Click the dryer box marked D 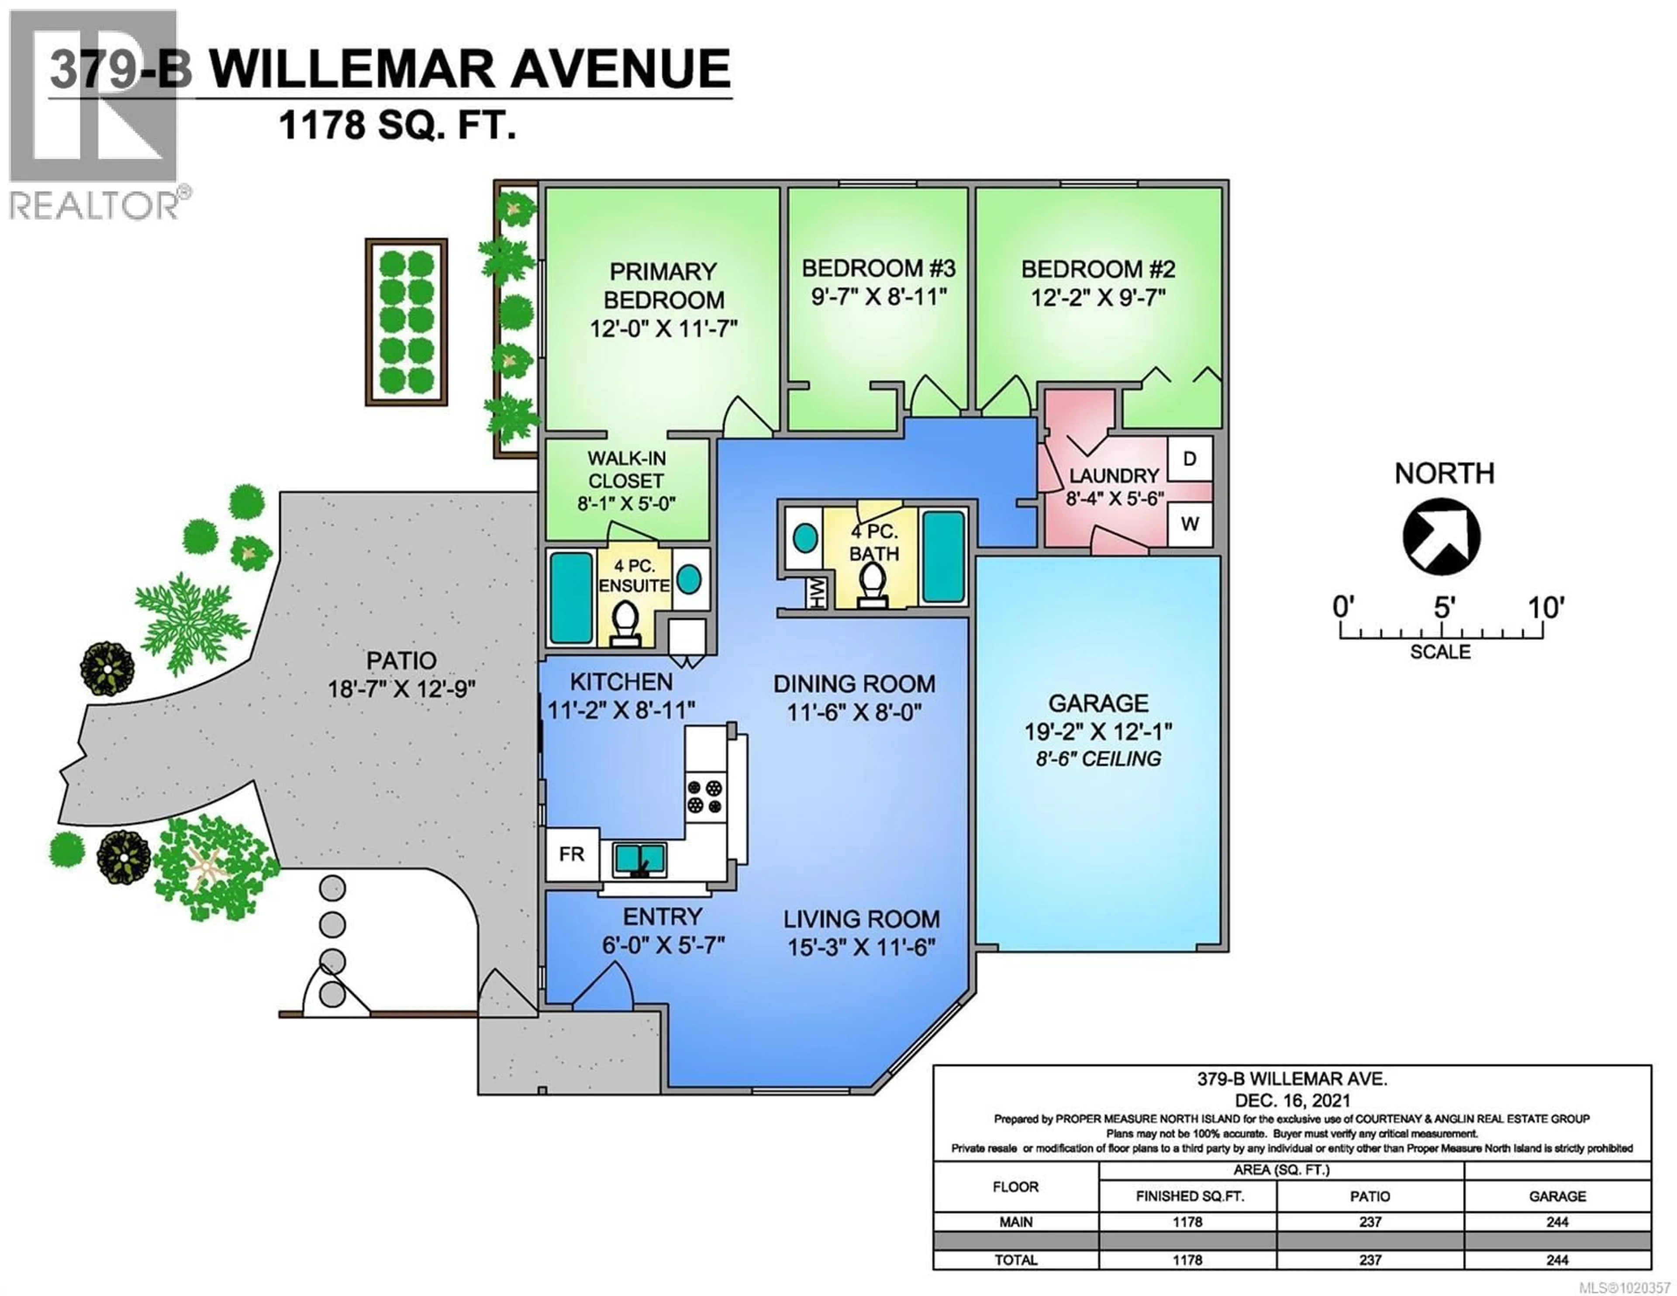[1190, 459]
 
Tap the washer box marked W [1190, 524]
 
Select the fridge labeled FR [571, 854]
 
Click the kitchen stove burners [705, 796]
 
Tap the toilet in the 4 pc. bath [872, 584]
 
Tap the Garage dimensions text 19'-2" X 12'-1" [1098, 731]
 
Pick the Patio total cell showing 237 [1370, 1260]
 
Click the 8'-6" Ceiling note [1098, 759]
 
